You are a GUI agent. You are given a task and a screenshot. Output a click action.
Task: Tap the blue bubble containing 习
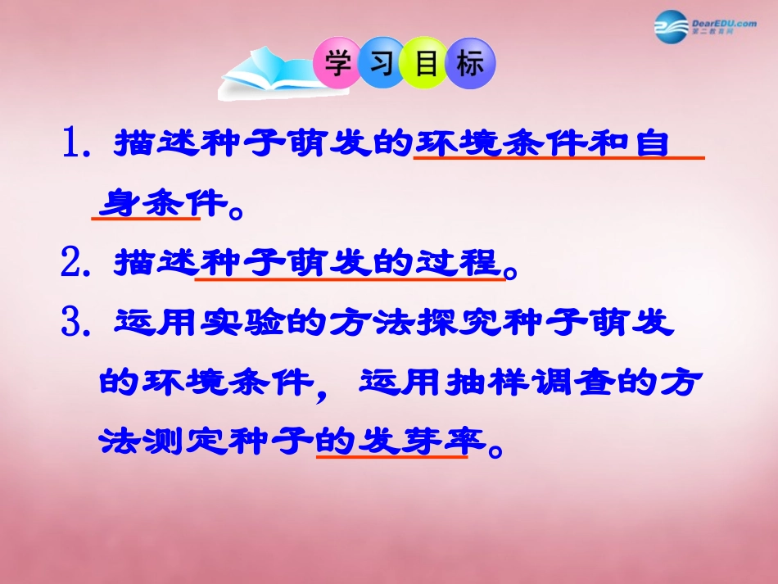coord(382,63)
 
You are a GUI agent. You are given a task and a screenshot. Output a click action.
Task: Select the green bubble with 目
coord(426,63)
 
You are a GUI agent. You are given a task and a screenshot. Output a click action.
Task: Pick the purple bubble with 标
coord(470,63)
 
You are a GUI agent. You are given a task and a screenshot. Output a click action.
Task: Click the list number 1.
coord(76,144)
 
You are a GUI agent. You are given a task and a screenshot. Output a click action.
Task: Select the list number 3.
coord(76,322)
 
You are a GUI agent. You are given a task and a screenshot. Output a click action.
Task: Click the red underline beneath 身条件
coord(145,218)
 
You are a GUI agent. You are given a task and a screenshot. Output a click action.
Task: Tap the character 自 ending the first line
coord(651,144)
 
